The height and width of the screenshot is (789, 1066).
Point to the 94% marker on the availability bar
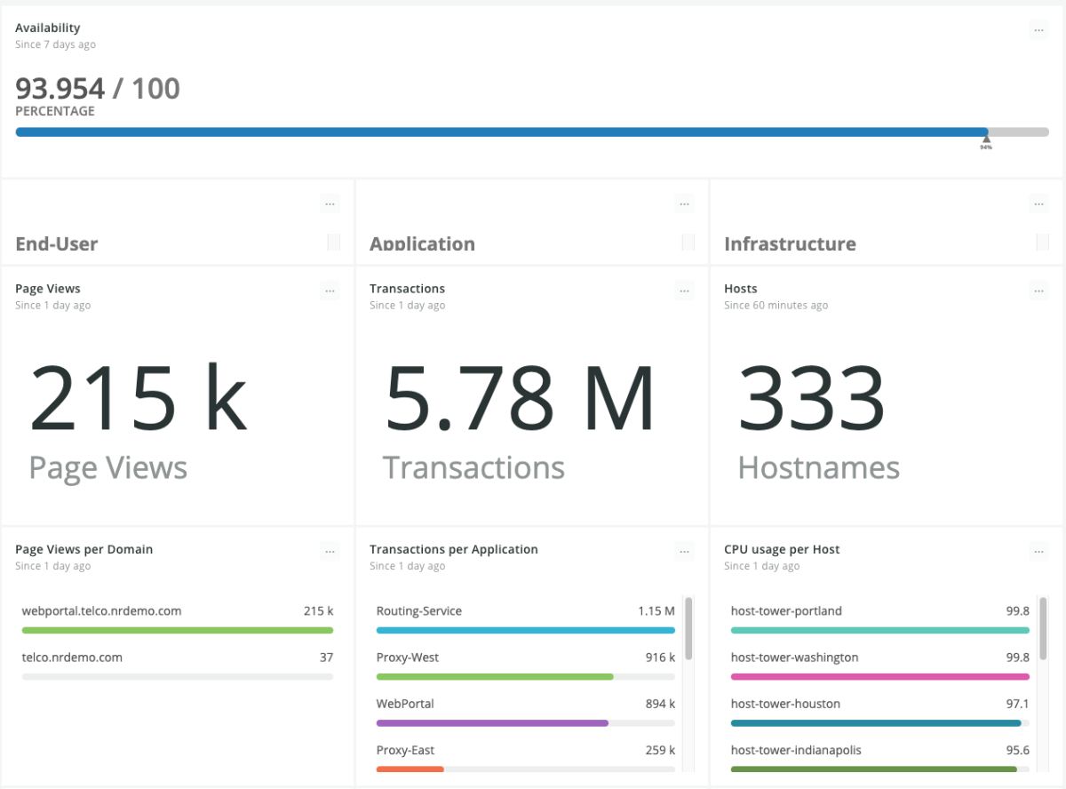[986, 140]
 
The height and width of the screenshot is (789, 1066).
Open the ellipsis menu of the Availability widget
[1038, 30]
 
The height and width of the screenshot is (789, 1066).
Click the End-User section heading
[57, 243]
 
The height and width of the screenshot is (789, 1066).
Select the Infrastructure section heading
[790, 243]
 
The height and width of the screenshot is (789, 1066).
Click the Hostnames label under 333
[818, 468]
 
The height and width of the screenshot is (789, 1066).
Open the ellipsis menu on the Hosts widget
[1038, 291]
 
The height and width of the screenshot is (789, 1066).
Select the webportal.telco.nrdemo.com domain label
[101, 611]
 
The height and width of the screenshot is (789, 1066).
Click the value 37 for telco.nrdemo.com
[326, 657]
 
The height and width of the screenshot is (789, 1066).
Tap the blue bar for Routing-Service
[525, 631]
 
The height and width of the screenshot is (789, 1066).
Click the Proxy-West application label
[408, 657]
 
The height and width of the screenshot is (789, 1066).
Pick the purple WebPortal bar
[492, 723]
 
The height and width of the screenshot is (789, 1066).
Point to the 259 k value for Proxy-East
[660, 750]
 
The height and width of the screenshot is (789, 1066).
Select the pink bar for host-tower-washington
[879, 677]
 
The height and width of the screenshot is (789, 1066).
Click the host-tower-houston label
[785, 704]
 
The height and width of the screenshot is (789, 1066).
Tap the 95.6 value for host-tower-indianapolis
[1017, 750]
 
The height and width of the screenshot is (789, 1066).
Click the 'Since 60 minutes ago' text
[776, 306]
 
